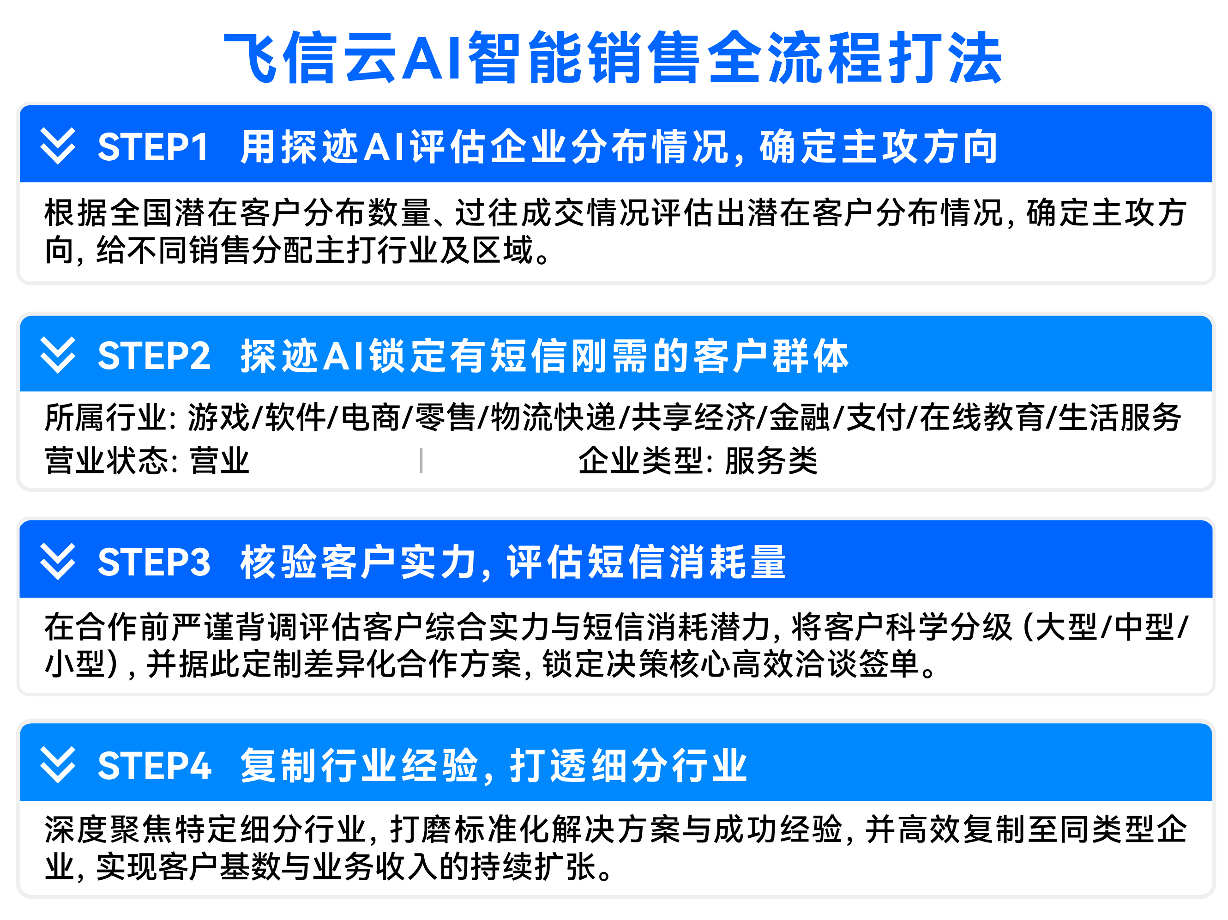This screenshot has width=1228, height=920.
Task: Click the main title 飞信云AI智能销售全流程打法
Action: coord(613,57)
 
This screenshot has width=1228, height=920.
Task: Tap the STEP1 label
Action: coord(153,147)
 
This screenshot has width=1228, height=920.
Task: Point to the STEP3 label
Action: coord(154,562)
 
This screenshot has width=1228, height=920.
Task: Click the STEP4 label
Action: coord(154,766)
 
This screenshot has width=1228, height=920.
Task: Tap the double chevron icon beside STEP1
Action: coord(58,146)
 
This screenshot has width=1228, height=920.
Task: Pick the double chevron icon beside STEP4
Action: coord(58,765)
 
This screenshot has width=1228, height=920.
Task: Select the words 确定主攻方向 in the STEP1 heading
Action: coord(878,147)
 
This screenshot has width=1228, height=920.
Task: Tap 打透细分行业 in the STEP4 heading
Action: coord(628,766)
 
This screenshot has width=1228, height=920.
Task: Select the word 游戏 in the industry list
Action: coord(219,418)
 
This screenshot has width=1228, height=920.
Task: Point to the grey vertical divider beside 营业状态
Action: coord(421,461)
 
